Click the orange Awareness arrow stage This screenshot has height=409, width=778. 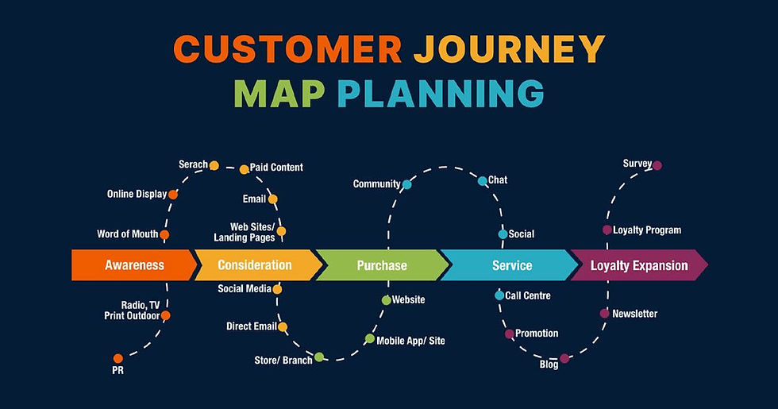point(133,265)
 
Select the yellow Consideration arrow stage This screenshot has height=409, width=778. point(254,265)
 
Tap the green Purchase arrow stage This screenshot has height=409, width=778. point(381,265)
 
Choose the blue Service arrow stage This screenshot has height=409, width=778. point(511,265)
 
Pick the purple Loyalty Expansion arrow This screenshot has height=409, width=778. point(638,265)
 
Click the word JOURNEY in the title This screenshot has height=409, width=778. point(509,49)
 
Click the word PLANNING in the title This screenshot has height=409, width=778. point(441,94)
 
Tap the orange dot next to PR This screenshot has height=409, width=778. point(118,358)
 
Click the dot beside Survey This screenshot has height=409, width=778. point(657,165)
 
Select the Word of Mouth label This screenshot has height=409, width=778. point(127,234)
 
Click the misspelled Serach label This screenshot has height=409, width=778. point(193,165)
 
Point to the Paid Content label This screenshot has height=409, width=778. point(276,168)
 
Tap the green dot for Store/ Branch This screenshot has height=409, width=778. point(319,357)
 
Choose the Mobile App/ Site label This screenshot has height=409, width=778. point(410,341)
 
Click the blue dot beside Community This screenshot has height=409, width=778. point(406,184)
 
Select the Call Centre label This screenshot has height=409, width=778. point(528,295)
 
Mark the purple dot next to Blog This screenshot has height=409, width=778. point(564,359)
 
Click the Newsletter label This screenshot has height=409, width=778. point(634,314)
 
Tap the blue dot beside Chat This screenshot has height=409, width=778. point(483,181)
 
